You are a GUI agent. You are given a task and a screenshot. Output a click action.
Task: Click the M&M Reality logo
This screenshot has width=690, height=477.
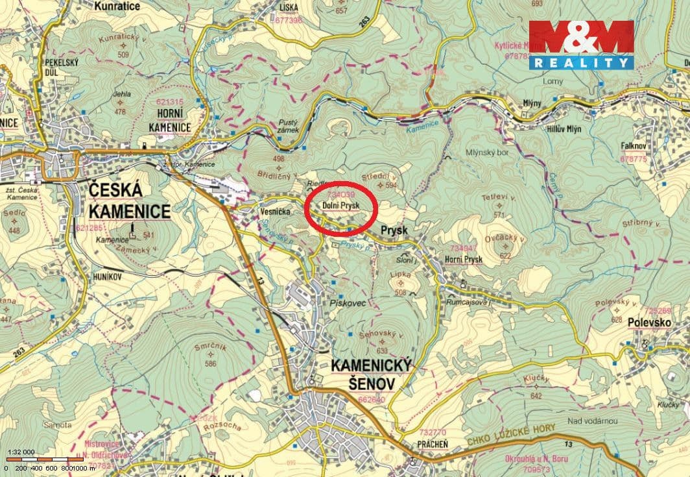click(x=581, y=45)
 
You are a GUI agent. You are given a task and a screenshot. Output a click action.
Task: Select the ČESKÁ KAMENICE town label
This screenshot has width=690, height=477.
click(x=129, y=201)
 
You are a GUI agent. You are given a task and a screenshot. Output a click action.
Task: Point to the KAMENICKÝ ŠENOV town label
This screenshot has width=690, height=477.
click(x=371, y=375)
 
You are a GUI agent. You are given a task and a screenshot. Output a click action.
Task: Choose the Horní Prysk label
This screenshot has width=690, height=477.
click(x=464, y=260)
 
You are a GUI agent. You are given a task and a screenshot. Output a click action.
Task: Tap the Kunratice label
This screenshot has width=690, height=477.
click(x=117, y=6)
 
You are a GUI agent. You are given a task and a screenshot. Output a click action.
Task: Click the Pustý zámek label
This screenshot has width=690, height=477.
click(x=287, y=126)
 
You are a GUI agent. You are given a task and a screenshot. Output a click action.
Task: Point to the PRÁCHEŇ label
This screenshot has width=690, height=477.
click(x=434, y=443)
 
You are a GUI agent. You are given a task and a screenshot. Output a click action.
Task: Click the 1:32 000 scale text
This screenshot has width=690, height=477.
click(x=21, y=452)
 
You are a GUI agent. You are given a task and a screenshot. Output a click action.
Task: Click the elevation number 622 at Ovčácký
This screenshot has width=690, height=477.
click(x=505, y=256)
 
